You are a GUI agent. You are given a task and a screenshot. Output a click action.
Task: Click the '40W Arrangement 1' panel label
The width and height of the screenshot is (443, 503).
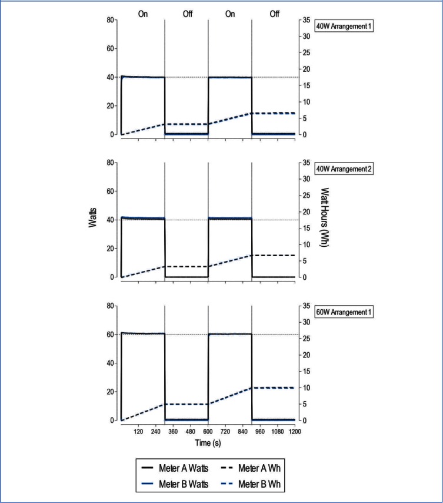pyautogui.click(x=345, y=26)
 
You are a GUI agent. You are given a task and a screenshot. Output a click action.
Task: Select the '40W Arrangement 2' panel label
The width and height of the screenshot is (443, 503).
pyautogui.click(x=345, y=168)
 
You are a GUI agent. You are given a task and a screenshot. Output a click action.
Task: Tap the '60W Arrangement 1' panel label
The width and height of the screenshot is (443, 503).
pyautogui.click(x=345, y=312)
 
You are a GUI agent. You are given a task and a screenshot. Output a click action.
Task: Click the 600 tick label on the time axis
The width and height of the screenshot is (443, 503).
pyautogui.click(x=208, y=432)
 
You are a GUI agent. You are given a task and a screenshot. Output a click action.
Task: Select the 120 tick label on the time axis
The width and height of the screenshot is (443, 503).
pyautogui.click(x=138, y=432)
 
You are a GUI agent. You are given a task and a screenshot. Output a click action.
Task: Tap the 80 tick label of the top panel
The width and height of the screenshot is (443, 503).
pyautogui.click(x=109, y=20)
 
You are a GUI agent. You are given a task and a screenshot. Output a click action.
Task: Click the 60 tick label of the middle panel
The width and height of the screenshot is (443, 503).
pyautogui.click(x=109, y=191)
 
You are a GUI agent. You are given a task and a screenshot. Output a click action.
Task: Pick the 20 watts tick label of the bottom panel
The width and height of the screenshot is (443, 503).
pyautogui.click(x=109, y=392)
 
